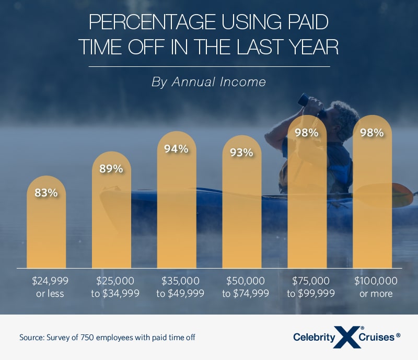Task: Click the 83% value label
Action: tap(46, 192)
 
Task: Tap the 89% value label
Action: tap(111, 168)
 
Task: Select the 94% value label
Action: tap(177, 148)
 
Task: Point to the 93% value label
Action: tap(242, 153)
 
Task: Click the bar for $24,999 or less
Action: tap(46, 230)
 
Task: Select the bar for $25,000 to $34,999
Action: tap(111, 219)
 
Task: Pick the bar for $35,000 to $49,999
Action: tap(177, 209)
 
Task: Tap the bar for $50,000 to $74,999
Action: tap(242, 209)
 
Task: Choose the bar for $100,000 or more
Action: tap(372, 204)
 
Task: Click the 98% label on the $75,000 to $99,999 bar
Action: tap(307, 133)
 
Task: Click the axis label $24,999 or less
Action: tap(50, 287)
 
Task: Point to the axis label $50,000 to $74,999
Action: tap(246, 287)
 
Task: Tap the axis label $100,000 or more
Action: tap(376, 287)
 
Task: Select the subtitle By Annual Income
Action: tap(209, 82)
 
